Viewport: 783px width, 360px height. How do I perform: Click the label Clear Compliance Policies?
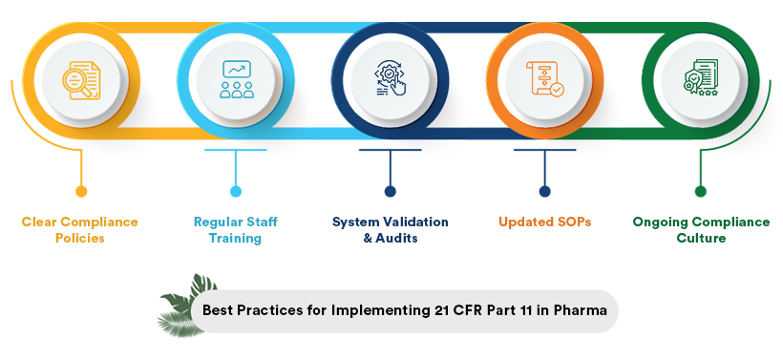click(x=80, y=230)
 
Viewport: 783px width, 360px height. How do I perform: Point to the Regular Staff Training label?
click(x=235, y=230)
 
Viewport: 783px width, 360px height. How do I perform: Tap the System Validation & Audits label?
click(x=390, y=230)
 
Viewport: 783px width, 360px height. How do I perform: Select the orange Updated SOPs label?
click(x=544, y=222)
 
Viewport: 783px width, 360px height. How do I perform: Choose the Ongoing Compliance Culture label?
click(x=701, y=230)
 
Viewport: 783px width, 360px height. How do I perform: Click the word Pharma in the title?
click(x=582, y=311)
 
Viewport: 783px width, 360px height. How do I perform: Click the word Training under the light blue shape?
click(x=235, y=239)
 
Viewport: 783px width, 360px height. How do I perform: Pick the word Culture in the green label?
click(x=701, y=239)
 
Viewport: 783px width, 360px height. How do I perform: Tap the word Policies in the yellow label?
click(x=80, y=239)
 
